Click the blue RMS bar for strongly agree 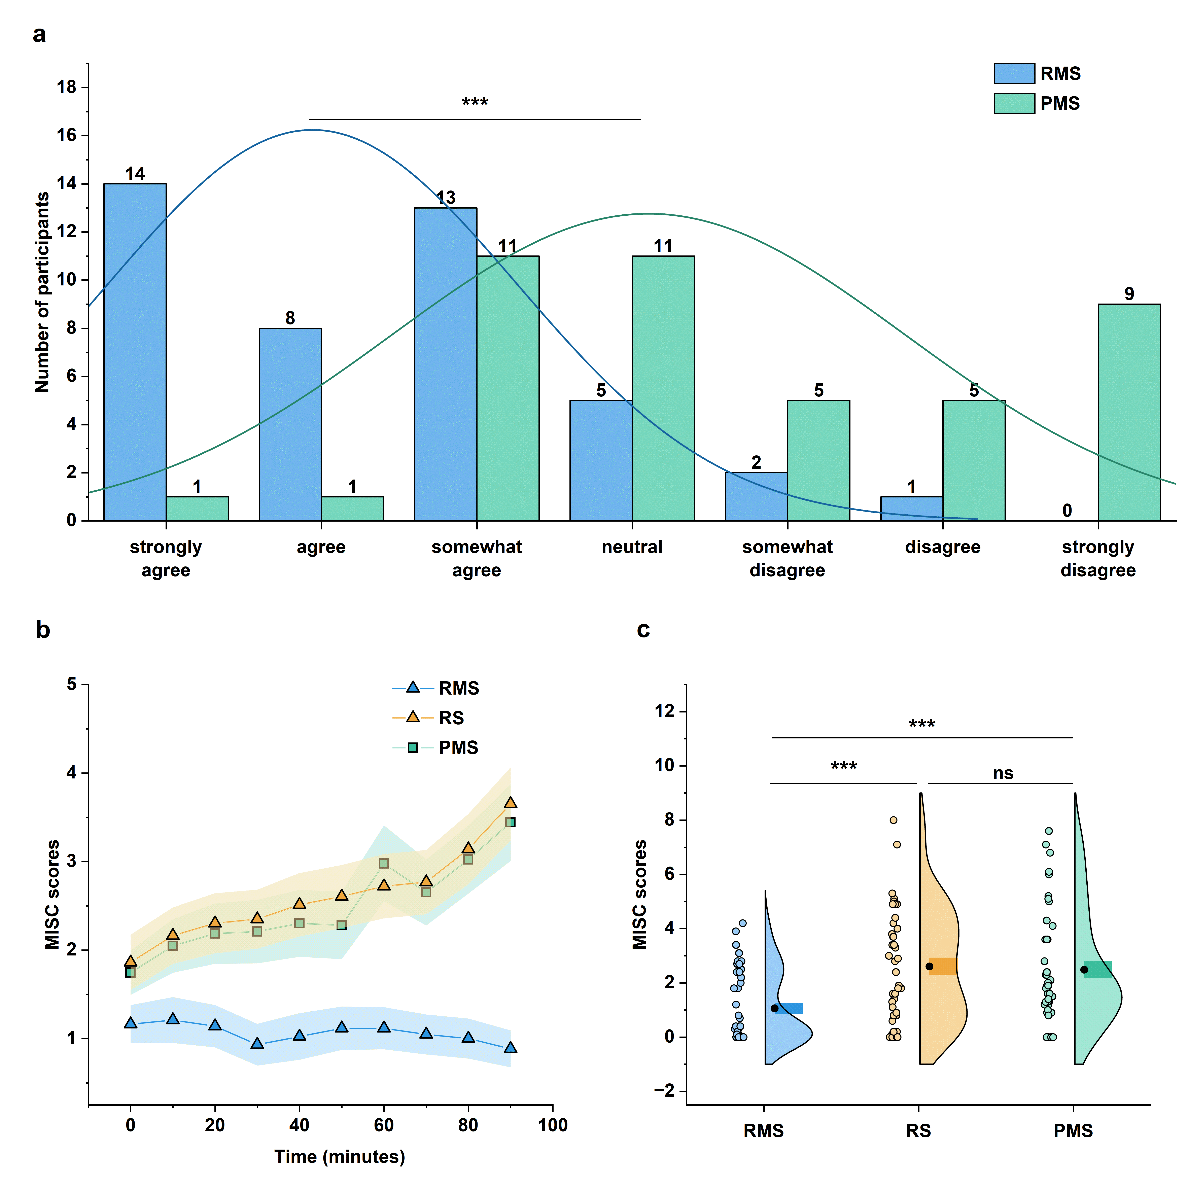(x=135, y=352)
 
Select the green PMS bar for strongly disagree (x=1129, y=412)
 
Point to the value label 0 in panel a (x=1067, y=510)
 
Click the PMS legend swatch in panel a (x=1014, y=103)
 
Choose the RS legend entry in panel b (x=451, y=718)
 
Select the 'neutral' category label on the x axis (x=632, y=547)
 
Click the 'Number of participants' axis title (x=42, y=292)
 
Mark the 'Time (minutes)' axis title (x=339, y=1157)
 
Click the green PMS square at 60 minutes (x=384, y=863)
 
